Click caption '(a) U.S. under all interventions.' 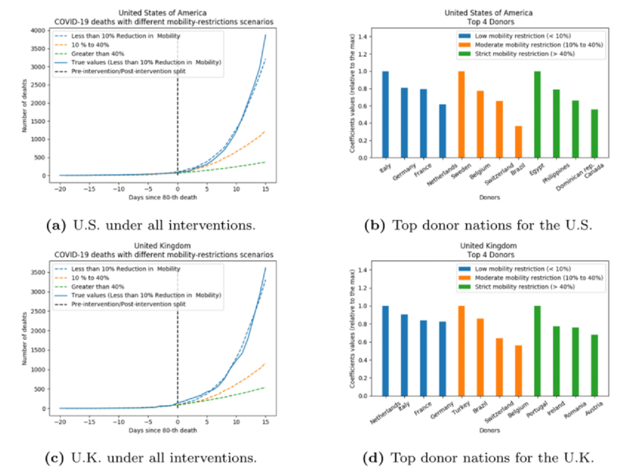150,226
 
